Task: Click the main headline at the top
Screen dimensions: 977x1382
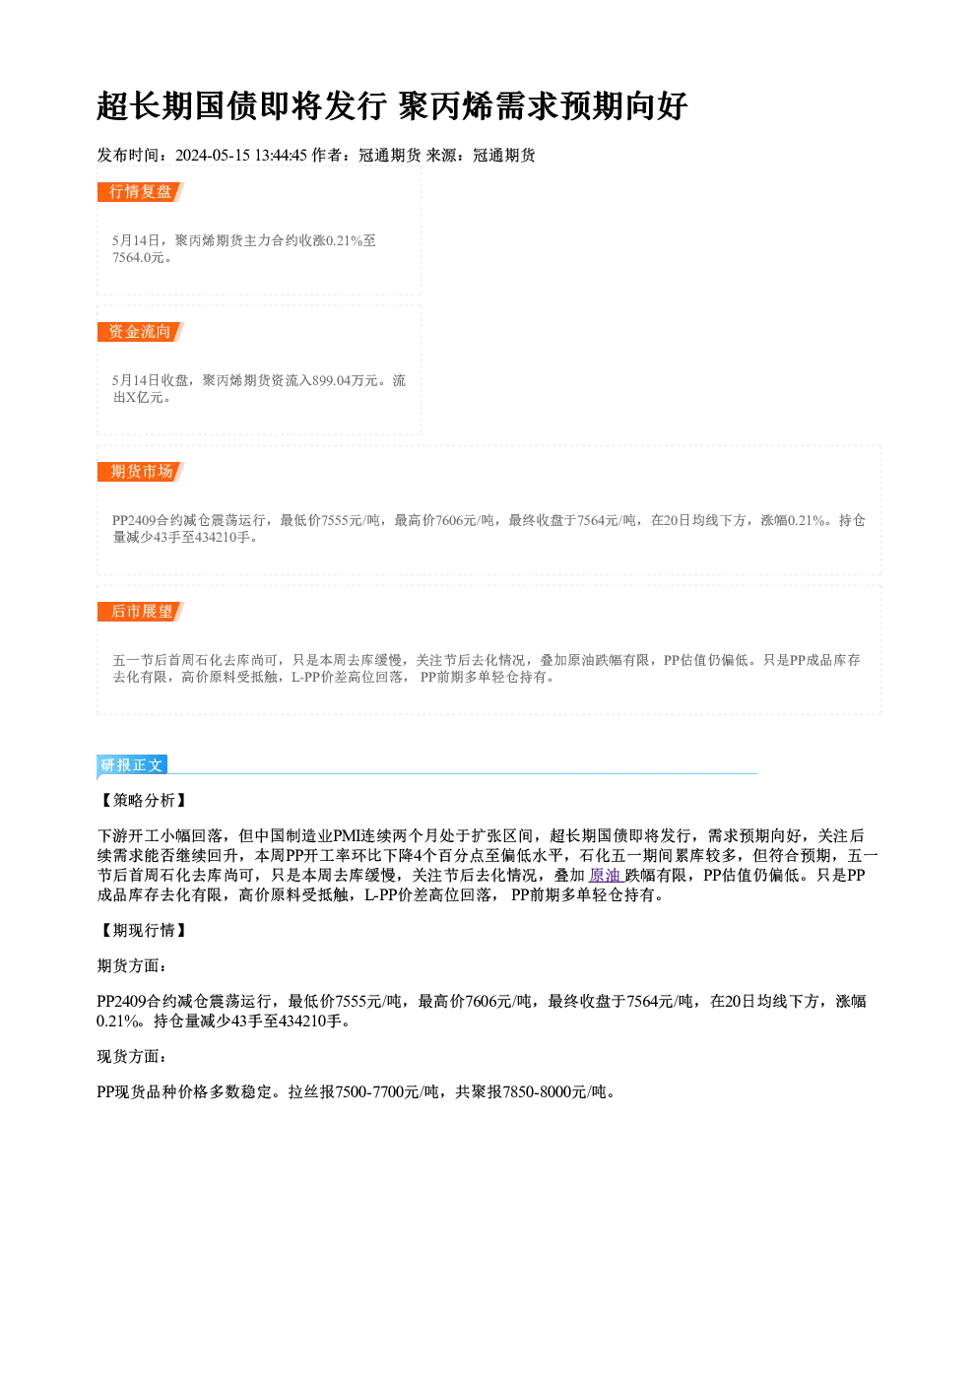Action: click(x=392, y=106)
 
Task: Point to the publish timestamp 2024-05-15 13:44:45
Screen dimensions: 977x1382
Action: click(x=241, y=155)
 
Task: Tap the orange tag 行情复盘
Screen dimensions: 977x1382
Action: click(x=140, y=192)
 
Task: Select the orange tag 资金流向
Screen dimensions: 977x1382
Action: click(x=140, y=332)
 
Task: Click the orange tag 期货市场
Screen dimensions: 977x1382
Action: click(x=140, y=472)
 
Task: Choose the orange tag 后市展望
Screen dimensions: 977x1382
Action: click(x=140, y=612)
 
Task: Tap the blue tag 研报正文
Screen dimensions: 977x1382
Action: click(x=132, y=765)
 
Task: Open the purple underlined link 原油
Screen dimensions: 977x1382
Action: click(x=606, y=876)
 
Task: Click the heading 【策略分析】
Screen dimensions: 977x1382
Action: click(x=144, y=800)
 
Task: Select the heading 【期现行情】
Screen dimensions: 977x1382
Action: click(x=144, y=930)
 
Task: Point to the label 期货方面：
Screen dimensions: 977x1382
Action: click(x=132, y=965)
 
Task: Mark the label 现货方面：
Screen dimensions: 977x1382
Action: click(x=132, y=1057)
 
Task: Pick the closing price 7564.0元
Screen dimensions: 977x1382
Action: click(x=139, y=258)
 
